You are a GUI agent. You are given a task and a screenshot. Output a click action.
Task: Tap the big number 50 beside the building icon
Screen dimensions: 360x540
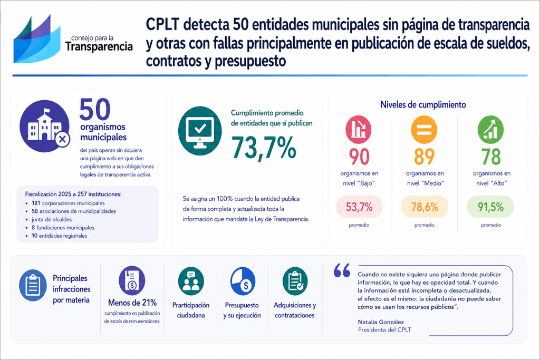95,109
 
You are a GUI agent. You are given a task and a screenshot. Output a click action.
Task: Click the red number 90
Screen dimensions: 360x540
359,157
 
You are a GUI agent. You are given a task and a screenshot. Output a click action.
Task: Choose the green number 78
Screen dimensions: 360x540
491,157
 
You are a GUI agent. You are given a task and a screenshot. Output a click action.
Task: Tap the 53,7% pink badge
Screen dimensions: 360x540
359,207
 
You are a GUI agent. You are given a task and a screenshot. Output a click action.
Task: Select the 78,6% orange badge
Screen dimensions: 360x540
424,207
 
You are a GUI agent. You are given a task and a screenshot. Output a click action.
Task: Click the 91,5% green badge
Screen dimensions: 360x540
491,207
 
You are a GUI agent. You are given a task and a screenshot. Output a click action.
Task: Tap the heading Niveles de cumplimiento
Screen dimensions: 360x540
423,104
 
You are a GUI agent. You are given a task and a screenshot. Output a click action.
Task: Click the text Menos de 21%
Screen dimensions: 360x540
132,303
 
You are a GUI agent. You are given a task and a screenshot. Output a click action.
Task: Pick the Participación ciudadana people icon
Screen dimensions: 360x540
191,281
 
